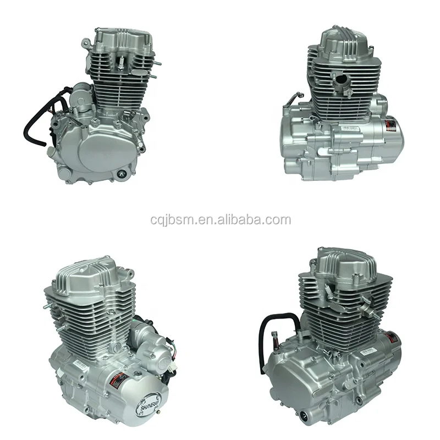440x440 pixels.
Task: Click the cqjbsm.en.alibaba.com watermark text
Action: click(x=220, y=221)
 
